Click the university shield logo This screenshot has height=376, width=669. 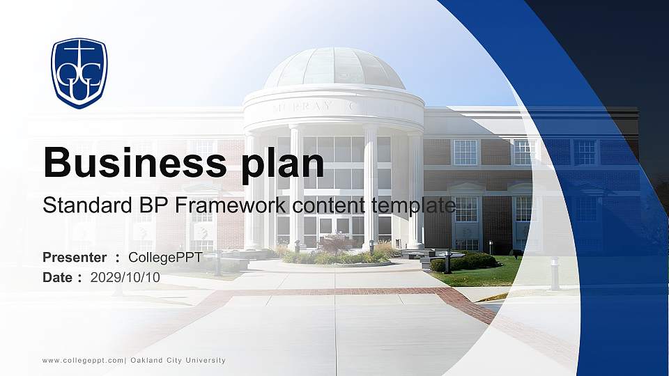pos(79,73)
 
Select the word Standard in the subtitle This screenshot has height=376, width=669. pos(81,205)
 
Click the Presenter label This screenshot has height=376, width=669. pos(75,258)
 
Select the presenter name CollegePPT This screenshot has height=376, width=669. pos(165,258)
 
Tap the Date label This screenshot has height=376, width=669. pos(58,277)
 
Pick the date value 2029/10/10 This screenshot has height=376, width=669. pos(125,277)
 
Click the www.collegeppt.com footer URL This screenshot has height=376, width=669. pos(83,361)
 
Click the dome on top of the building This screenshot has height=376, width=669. pos(334,68)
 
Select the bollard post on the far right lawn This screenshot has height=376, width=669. pos(554,273)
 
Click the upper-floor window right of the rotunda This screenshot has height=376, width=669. pos(465,152)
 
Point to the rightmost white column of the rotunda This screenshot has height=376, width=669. pos(415,188)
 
